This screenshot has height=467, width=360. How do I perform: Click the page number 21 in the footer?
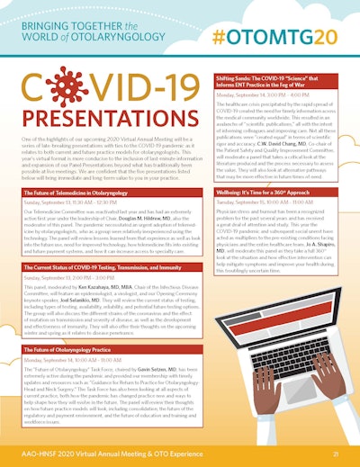334,455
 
